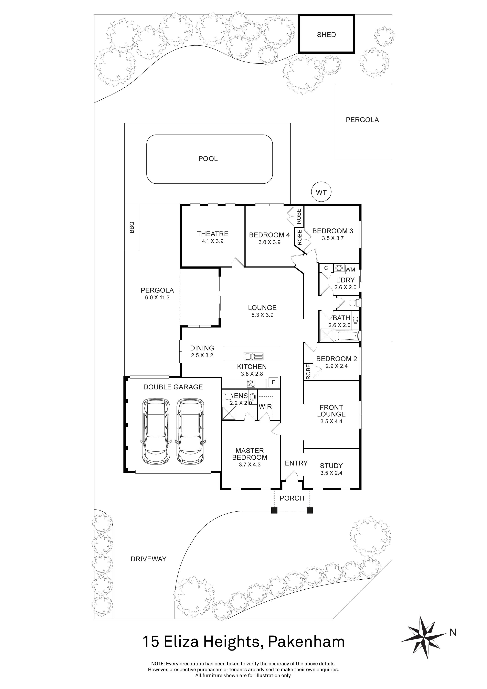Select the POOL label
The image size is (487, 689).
point(208,159)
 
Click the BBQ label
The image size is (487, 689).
point(132,227)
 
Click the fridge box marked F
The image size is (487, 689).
point(273,382)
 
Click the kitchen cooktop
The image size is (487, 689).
point(251,383)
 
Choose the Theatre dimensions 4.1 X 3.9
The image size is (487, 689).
point(213,241)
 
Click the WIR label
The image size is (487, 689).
point(265,407)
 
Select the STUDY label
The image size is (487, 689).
point(331,466)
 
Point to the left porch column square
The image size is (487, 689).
point(274,510)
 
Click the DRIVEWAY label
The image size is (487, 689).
point(148,559)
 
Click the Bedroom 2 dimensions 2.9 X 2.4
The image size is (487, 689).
point(336,366)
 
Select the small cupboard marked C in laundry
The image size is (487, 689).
point(326,268)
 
